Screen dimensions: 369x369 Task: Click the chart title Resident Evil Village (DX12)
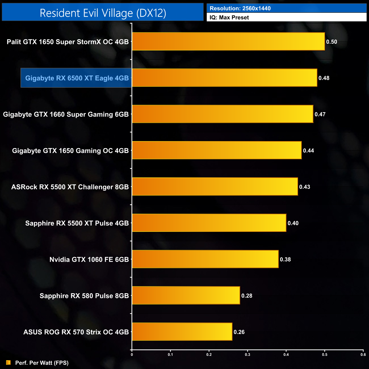pos(103,13)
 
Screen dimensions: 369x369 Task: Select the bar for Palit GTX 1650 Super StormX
pos(228,41)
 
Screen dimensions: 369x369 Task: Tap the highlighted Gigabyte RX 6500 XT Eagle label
pos(77,78)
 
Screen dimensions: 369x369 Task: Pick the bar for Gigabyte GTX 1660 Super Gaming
pos(223,114)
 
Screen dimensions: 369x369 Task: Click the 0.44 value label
pos(309,151)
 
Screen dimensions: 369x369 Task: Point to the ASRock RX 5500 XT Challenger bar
pos(215,186)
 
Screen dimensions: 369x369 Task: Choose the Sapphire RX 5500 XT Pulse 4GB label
pos(77,223)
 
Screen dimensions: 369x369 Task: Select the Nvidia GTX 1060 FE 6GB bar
pos(205,259)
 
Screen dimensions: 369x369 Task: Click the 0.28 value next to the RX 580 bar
pos(247,296)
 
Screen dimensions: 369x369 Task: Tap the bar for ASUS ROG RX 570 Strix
pos(182,332)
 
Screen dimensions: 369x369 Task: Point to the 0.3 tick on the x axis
pos(248,355)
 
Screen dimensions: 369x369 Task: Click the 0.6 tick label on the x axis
pos(363,355)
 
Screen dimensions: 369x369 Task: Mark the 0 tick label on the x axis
pos(132,355)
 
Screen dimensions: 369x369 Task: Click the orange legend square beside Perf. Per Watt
pos(9,362)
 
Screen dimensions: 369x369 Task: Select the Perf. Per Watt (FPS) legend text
pos(42,363)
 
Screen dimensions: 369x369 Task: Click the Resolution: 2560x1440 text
pos(240,9)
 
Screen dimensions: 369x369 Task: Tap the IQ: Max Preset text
pos(229,18)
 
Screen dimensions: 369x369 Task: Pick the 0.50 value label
pos(332,42)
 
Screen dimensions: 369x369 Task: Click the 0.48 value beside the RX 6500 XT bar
pos(324,78)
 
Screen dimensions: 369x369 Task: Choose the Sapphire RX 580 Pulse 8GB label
pos(84,296)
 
